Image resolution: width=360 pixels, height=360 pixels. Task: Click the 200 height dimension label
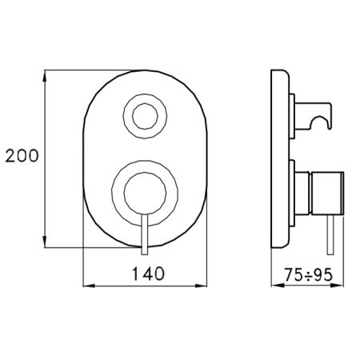22,156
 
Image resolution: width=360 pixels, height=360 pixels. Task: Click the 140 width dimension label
148,274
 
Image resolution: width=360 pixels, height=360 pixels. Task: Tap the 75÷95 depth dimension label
309,275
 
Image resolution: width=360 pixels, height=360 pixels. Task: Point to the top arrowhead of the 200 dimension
45,76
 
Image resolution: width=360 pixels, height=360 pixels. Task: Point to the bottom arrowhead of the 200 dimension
45,242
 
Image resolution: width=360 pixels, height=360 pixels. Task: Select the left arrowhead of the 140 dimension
89,286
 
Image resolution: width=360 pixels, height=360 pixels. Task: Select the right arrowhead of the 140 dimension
201,286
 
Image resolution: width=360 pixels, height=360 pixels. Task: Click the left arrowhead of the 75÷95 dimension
278,286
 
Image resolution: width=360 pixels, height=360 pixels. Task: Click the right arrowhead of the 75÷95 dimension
338,286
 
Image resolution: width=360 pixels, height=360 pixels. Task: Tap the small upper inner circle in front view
145,104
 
